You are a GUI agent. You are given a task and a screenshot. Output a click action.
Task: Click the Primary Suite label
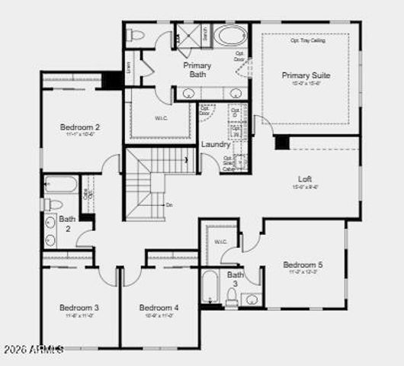tap(306, 75)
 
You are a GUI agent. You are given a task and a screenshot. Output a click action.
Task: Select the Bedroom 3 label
tap(79, 307)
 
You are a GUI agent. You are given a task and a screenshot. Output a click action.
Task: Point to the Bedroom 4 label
tap(159, 307)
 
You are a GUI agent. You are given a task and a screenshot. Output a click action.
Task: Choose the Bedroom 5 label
tap(303, 265)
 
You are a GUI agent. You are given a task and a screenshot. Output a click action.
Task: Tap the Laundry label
tap(216, 144)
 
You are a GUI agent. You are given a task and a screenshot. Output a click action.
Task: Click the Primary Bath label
tap(197, 69)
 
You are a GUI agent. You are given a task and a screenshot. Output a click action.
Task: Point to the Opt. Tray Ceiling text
tap(307, 40)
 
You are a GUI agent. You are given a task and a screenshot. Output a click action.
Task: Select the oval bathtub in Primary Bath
tap(229, 35)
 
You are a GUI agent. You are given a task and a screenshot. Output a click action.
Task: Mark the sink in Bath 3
tap(252, 299)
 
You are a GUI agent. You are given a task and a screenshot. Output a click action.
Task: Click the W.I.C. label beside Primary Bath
tap(161, 117)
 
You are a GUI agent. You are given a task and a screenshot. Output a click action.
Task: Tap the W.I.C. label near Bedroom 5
tap(221, 242)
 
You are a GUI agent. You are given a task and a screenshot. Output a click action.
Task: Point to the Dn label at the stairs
tap(168, 204)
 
